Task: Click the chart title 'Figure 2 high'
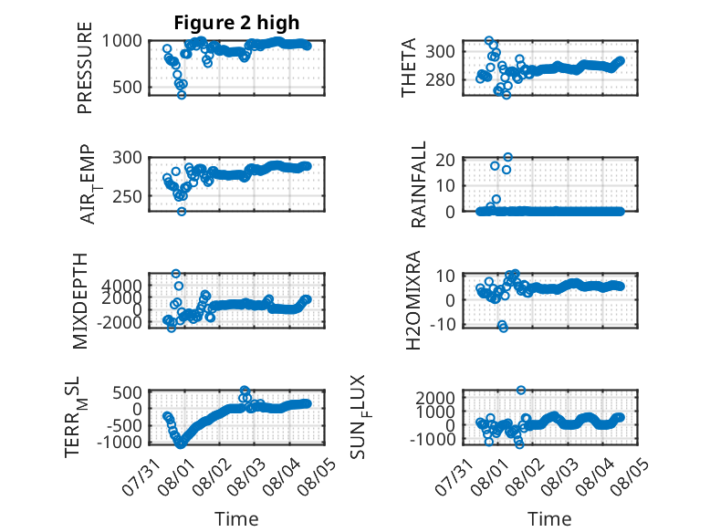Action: tap(236, 23)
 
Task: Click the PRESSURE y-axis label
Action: tap(85, 68)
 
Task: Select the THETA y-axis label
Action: tap(409, 68)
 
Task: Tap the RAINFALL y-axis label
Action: tap(418, 184)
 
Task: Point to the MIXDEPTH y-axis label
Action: tap(79, 301)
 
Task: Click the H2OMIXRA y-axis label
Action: tap(413, 300)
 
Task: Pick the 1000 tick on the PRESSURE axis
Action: tap(121, 41)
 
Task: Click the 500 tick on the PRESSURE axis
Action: tap(127, 87)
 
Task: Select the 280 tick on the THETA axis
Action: tap(440, 79)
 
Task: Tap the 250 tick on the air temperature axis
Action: tap(127, 196)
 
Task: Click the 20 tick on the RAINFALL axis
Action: tap(445, 160)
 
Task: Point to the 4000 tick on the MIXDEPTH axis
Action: tap(121, 286)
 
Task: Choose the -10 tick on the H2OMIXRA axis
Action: tap(441, 324)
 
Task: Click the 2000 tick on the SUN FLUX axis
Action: tap(435, 398)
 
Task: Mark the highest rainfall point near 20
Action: tap(508, 157)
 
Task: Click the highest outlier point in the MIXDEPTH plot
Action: tap(176, 274)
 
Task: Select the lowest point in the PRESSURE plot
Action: tap(182, 95)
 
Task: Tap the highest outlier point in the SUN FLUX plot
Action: tap(521, 390)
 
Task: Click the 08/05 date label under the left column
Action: tap(318, 476)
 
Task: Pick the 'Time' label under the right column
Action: tap(549, 519)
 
